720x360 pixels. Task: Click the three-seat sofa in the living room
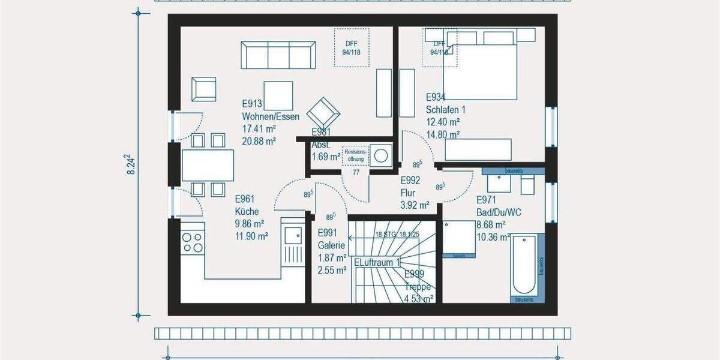[278, 55]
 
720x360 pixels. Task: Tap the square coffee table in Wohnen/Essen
[278, 96]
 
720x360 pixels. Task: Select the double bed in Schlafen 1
[480, 71]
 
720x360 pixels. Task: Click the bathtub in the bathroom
[524, 265]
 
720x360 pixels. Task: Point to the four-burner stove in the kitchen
[192, 242]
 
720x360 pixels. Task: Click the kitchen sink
[293, 239]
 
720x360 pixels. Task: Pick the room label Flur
[409, 193]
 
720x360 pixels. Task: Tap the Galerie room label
[331, 245]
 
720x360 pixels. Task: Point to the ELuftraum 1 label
[377, 263]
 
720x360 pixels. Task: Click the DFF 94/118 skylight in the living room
[352, 47]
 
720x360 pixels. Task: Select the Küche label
[247, 212]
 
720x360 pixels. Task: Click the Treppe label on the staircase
[417, 287]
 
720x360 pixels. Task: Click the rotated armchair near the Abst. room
[323, 113]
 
